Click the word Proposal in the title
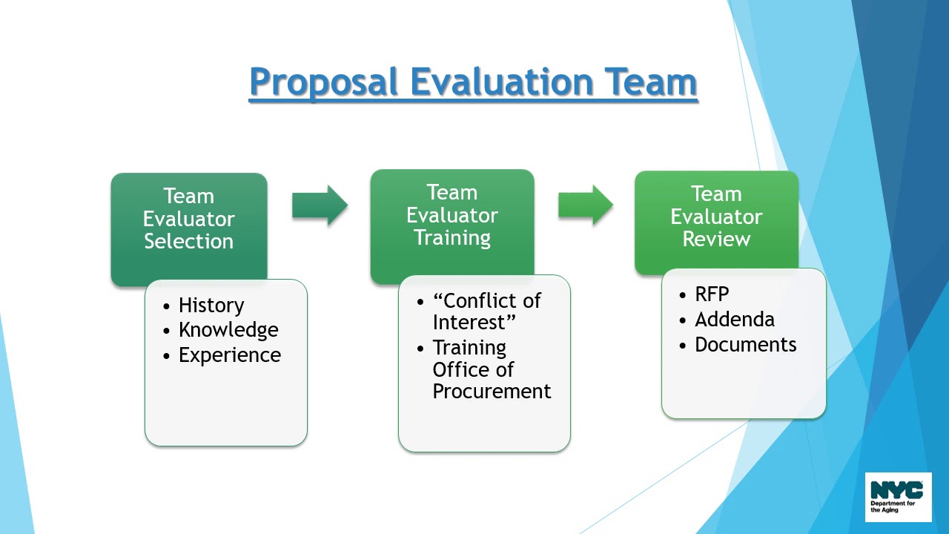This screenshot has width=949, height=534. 324,82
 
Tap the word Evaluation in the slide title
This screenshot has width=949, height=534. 502,82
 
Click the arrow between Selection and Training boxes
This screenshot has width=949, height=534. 320,205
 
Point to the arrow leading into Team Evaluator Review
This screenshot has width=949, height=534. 586,205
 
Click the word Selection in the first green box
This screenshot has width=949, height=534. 188,242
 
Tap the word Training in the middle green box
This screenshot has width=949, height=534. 452,238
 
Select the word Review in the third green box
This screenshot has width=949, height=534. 716,240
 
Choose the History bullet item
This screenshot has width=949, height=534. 211,306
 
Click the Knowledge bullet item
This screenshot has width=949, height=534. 228,330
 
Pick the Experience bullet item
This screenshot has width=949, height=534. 230,355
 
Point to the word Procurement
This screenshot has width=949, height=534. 492,392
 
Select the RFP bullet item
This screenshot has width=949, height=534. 712,294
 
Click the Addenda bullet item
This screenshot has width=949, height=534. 734,320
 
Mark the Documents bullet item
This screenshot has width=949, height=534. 745,345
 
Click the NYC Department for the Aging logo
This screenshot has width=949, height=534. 898,497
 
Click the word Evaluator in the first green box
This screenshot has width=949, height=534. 188,220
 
